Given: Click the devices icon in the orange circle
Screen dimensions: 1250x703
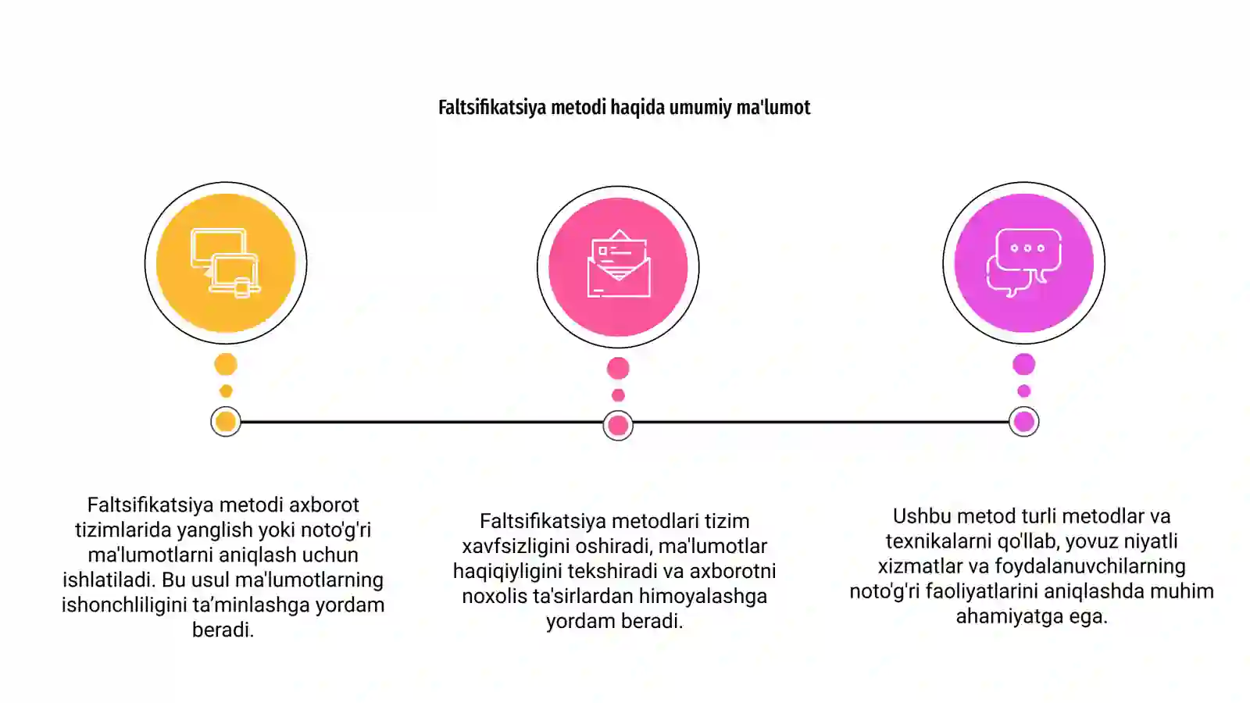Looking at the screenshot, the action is click(226, 262).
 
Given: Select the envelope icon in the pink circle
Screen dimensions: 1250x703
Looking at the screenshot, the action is click(618, 264).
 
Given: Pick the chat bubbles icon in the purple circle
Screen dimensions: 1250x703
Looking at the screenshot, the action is click(1024, 262).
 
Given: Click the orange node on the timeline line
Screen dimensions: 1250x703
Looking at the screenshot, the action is click(226, 422).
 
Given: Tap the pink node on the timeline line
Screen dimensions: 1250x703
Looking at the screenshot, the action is click(618, 426).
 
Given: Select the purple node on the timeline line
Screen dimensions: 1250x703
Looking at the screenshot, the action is click(1024, 422).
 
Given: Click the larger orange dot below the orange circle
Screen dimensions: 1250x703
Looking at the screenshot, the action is click(226, 364).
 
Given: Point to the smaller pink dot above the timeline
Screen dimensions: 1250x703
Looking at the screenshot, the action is click(618, 395).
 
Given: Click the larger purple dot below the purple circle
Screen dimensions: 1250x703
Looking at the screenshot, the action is click(1024, 364).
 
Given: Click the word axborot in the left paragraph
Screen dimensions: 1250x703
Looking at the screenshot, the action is click(323, 505).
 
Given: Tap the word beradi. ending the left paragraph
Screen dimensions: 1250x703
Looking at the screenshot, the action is click(223, 630).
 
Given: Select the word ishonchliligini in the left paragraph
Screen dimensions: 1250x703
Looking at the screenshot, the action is click(124, 605).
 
